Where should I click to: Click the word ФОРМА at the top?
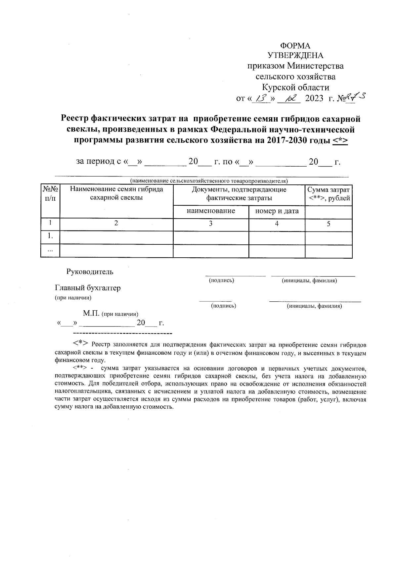[x=295, y=45]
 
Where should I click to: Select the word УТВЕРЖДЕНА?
[x=295, y=56]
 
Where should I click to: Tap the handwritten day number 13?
[x=258, y=98]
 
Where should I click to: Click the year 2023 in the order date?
[x=314, y=98]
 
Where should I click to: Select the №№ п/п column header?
[x=50, y=194]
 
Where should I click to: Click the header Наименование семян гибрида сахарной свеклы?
[x=116, y=194]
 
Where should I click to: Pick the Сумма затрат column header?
[x=329, y=194]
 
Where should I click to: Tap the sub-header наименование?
[x=211, y=211]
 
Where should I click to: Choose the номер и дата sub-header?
[x=277, y=211]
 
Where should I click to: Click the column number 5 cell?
[x=329, y=224]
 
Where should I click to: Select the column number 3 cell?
[x=211, y=224]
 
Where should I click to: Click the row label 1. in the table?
[x=50, y=236]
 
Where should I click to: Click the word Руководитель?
[x=90, y=272]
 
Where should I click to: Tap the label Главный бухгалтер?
[x=88, y=288]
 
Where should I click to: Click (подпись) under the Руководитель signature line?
[x=221, y=281]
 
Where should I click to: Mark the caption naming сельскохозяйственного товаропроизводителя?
[x=209, y=181]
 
